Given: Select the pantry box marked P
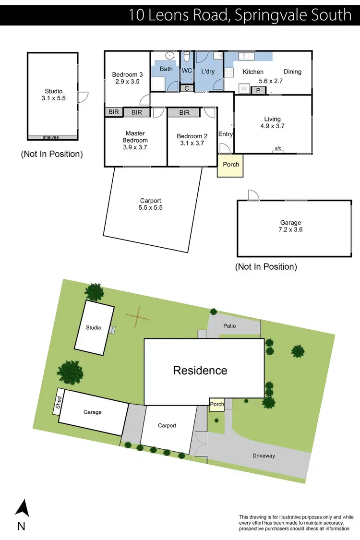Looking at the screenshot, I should [258, 90].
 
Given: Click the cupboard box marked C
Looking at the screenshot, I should [187, 88].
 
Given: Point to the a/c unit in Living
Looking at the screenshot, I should [278, 149].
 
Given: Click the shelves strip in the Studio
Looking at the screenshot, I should [51, 137].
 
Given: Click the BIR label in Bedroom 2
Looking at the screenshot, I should [184, 113].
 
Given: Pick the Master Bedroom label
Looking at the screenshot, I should [135, 137].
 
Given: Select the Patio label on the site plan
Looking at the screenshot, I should [229, 326].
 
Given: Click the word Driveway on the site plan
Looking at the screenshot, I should [264, 456].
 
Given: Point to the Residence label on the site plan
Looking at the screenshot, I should [200, 371].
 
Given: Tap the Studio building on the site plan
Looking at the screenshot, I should [94, 328].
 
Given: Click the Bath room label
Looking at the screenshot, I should [166, 69].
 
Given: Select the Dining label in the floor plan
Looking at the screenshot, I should [292, 72].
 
